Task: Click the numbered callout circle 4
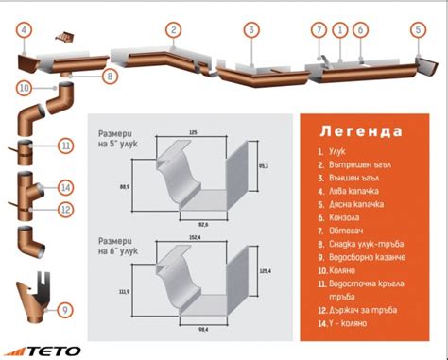coord(22,29)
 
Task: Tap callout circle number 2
coord(173,29)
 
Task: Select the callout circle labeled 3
coord(250,29)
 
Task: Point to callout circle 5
coord(418,29)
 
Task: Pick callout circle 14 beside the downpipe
coord(65,186)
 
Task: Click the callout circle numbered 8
coord(109,75)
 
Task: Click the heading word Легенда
coord(361,130)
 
